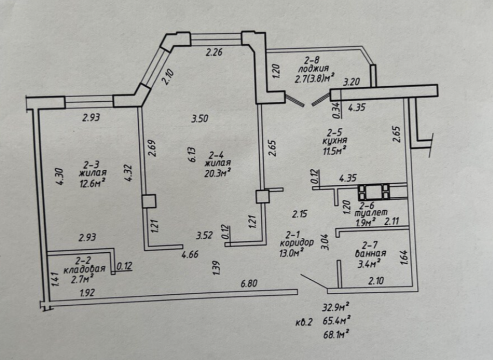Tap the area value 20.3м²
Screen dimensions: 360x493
coord(217,172)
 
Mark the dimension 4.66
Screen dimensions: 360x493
coord(189,255)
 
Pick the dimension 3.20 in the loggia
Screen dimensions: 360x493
coord(351,83)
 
